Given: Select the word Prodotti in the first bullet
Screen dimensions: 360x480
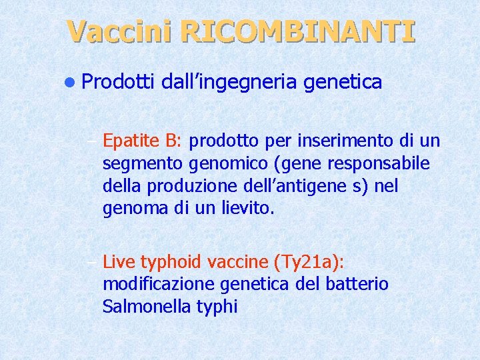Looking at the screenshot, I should tap(119, 82).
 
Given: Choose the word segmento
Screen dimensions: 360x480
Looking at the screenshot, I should tap(135, 163).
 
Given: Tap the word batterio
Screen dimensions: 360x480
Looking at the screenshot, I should tap(359, 283).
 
